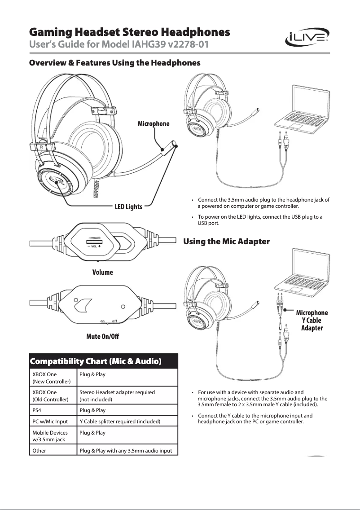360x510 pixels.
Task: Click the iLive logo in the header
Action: [x=307, y=40]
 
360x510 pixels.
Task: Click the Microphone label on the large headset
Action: [x=154, y=123]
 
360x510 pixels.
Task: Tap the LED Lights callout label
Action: [x=128, y=207]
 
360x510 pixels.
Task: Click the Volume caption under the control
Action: [x=102, y=272]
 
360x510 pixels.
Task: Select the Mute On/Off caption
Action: [x=102, y=336]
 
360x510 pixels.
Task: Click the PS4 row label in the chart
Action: [x=38, y=410]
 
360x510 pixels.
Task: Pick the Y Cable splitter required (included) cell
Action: [x=120, y=422]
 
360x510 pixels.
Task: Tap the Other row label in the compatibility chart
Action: [x=40, y=450]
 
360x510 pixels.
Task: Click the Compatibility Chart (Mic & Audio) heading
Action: [x=95, y=361]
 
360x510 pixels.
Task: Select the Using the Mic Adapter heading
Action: [x=226, y=242]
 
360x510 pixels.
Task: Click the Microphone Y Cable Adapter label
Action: [x=312, y=320]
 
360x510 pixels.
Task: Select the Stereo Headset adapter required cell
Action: [x=117, y=396]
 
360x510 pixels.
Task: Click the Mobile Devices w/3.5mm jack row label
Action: [x=50, y=436]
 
